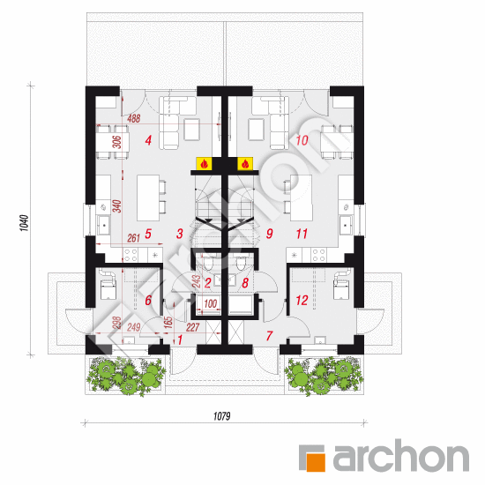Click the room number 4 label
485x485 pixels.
(x=148, y=140)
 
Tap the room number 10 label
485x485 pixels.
(x=302, y=140)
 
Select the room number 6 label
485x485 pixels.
(x=148, y=301)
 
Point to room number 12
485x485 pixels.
(x=302, y=301)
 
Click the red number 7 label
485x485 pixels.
(x=270, y=336)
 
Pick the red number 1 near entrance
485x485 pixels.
(x=180, y=340)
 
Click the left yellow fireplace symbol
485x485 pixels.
(x=204, y=164)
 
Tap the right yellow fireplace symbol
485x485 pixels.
(x=245, y=164)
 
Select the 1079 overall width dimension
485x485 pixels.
(x=221, y=416)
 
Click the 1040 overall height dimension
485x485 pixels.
(x=25, y=223)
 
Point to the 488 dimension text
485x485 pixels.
(x=134, y=118)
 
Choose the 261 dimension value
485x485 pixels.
(x=134, y=238)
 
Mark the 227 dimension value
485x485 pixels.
(x=193, y=327)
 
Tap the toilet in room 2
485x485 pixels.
(x=208, y=264)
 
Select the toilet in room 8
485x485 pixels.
(x=241, y=264)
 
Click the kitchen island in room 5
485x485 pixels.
(x=148, y=198)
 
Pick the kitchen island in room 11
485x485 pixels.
(x=301, y=198)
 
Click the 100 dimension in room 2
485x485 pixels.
(x=211, y=303)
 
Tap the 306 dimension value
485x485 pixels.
(x=117, y=142)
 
